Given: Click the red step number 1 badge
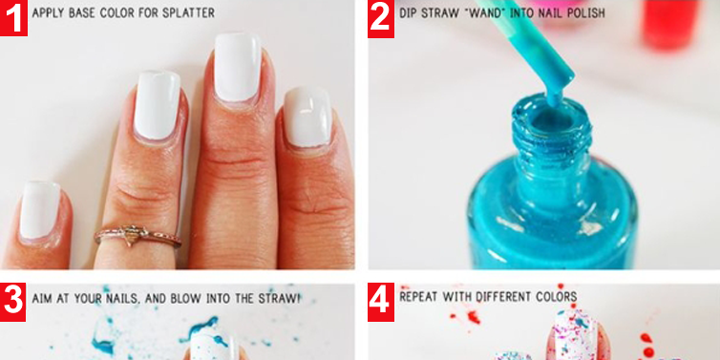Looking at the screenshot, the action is (x=13, y=18).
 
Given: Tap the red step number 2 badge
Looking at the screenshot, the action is (x=381, y=19).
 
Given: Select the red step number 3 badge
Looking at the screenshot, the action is (x=12, y=302).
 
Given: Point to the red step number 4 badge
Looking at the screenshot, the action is (x=381, y=302).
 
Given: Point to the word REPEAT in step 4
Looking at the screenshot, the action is (x=419, y=296).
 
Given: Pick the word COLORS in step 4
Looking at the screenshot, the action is (x=559, y=296).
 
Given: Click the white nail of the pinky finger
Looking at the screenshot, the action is (x=39, y=210).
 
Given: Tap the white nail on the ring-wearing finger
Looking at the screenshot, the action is (x=157, y=105).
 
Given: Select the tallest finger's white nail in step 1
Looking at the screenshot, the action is (x=238, y=67).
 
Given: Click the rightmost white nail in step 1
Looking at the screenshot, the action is (x=307, y=117).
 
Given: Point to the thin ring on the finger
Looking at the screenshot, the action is (x=138, y=236).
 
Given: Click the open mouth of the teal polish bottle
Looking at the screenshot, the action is (x=552, y=117).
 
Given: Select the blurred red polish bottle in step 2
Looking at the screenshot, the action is (x=670, y=23).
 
